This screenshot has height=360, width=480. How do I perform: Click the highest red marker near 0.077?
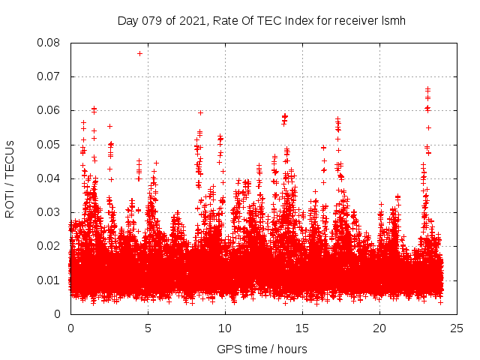click(139, 53)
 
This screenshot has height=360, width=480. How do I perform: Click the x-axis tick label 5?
click(148, 328)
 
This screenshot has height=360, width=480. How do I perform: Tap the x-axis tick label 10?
click(225, 328)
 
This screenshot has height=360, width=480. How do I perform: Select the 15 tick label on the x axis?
click(302, 328)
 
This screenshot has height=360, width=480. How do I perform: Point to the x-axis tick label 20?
click(379, 328)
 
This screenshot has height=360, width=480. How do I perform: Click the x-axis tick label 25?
click(457, 328)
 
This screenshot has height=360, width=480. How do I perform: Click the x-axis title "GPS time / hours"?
click(263, 349)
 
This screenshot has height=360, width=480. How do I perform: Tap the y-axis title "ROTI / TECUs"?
click(10, 178)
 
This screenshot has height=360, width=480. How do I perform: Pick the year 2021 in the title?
click(190, 20)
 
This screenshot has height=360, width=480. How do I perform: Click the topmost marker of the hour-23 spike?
click(427, 88)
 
